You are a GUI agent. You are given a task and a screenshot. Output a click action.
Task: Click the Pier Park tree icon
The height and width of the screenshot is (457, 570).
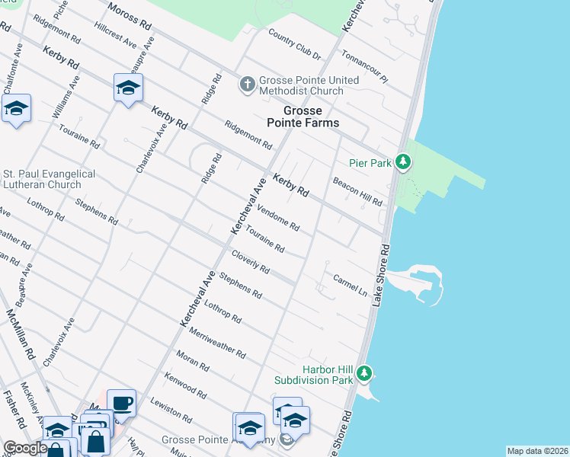[404, 162]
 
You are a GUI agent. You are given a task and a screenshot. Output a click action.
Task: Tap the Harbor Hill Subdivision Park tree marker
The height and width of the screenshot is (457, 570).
[365, 373]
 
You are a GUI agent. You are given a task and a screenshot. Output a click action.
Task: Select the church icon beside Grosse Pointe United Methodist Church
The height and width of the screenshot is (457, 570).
[247, 84]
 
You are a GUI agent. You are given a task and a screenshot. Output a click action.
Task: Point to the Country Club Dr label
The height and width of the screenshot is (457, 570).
[295, 43]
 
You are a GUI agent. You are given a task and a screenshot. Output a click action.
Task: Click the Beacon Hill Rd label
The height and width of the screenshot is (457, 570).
[357, 191]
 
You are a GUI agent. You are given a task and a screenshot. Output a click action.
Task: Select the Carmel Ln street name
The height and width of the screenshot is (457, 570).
[350, 284]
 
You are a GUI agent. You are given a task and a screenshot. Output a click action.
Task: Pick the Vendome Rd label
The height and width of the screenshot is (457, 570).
[278, 219]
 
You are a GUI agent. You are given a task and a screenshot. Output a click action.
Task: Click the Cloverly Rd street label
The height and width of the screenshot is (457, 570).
[251, 262]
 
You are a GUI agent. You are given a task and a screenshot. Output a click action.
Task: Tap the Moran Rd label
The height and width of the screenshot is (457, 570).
[192, 361]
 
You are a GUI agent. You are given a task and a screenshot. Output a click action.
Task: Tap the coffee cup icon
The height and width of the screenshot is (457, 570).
[121, 402]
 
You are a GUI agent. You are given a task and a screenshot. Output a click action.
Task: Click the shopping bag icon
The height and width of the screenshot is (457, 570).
[95, 441]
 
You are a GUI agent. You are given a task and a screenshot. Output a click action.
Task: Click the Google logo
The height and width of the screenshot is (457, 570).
[25, 449]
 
